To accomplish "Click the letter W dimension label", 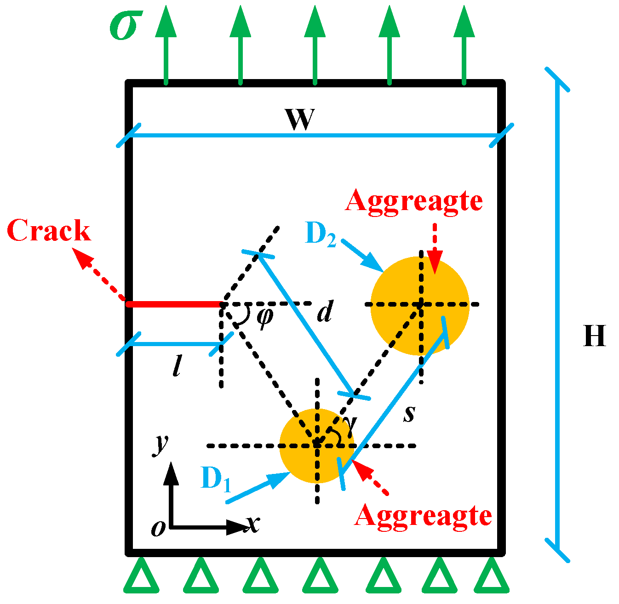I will pyautogui.click(x=300, y=120).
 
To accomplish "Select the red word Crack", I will pyautogui.click(x=49, y=231).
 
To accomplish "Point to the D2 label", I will pyautogui.click(x=321, y=234).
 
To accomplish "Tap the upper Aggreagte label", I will pyautogui.click(x=414, y=201).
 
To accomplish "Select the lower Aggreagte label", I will pyautogui.click(x=423, y=516).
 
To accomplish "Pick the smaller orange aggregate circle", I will pyautogui.click(x=299, y=460).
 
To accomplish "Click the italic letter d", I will pyautogui.click(x=325, y=313).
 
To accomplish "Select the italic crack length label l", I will pyautogui.click(x=177, y=367).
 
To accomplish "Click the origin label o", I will pyautogui.click(x=158, y=529).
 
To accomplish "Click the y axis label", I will pyautogui.click(x=160, y=444).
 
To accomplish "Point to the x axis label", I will pyautogui.click(x=252, y=524).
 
